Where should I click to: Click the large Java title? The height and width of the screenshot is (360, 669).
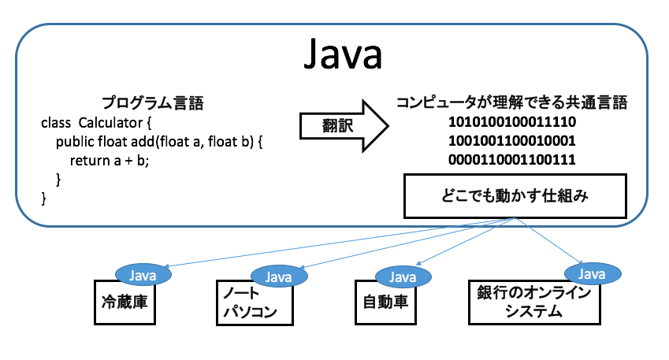tap(342, 55)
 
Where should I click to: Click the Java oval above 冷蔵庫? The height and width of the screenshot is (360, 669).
tap(143, 275)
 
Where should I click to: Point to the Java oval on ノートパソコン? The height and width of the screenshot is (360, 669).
tap(278, 276)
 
